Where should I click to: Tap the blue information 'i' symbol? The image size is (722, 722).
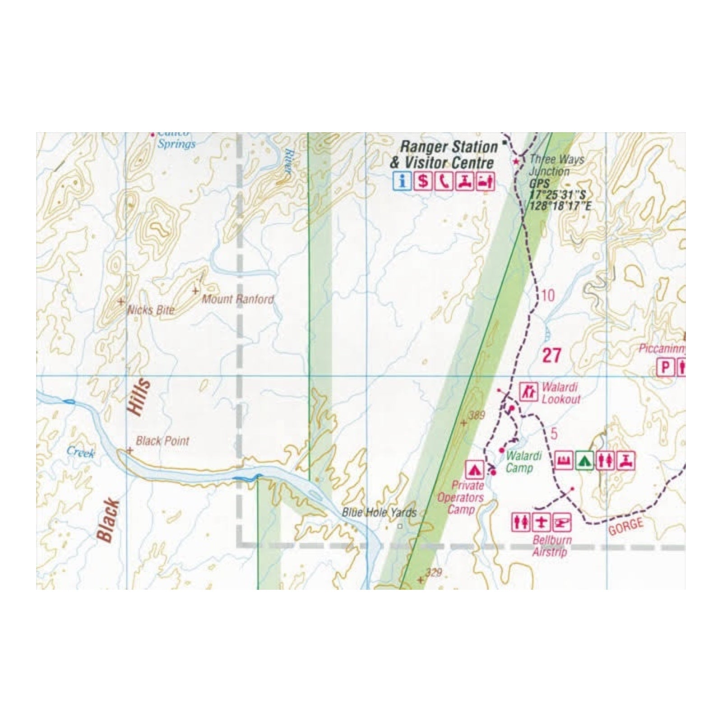tap(402, 181)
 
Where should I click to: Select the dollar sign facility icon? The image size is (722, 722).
tap(423, 181)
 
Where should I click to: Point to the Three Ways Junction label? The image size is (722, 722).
tap(556, 165)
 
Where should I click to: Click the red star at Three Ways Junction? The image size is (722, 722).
tap(516, 161)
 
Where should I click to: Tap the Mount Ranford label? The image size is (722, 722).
tap(237, 299)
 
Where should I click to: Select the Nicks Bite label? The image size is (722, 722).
tap(151, 310)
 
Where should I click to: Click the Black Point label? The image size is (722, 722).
tap(162, 441)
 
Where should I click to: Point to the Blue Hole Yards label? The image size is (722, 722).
tap(379, 513)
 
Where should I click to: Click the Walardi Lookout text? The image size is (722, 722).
tap(560, 393)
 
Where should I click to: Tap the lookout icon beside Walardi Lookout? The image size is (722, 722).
tap(528, 391)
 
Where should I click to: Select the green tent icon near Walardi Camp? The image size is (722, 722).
tap(584, 461)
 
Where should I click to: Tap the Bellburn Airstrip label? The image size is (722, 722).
tap(551, 546)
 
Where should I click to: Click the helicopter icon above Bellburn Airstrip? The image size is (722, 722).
tap(562, 523)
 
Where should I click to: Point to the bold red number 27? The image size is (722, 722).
tap(551, 356)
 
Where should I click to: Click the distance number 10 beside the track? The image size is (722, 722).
tap(547, 296)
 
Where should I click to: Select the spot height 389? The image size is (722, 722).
tap(477, 415)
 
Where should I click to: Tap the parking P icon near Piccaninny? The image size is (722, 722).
tap(665, 367)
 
